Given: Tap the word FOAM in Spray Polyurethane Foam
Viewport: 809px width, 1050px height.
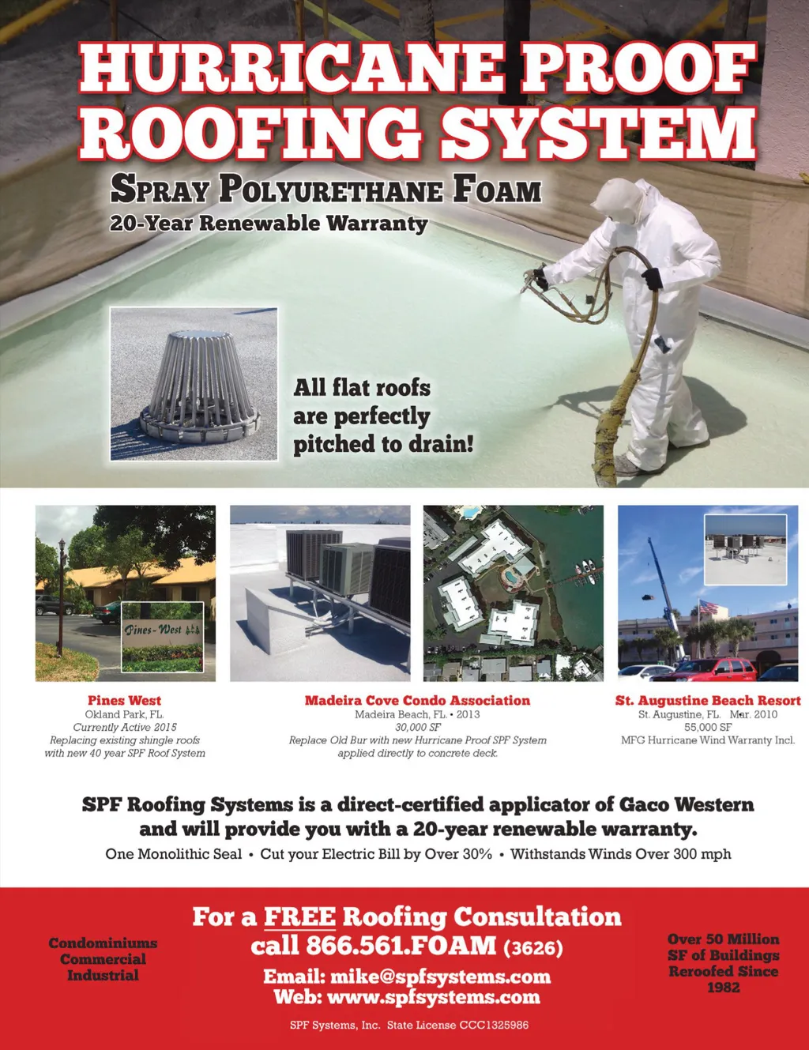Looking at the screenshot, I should click(498, 190).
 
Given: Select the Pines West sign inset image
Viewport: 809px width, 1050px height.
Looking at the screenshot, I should click(163, 636).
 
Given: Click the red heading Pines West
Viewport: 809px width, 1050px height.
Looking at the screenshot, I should click(124, 700).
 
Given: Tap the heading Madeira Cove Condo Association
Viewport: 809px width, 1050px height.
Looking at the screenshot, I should click(417, 700).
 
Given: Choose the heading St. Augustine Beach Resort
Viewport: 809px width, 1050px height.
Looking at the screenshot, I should click(708, 700).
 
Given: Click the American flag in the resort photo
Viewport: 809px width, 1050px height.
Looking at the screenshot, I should click(708, 608).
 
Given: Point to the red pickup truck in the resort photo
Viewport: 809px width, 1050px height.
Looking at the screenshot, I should click(706, 671).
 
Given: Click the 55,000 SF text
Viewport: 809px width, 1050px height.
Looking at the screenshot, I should click(708, 727).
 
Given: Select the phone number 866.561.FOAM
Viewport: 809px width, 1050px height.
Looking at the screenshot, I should click(373, 946).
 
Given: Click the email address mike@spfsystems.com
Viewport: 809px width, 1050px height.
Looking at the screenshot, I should click(440, 977).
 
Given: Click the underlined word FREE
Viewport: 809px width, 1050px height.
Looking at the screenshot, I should click(299, 916).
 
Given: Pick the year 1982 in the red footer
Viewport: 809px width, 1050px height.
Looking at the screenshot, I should click(723, 988).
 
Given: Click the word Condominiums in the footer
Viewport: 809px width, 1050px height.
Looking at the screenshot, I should click(103, 943).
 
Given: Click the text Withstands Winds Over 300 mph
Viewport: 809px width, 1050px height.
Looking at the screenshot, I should click(620, 854).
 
